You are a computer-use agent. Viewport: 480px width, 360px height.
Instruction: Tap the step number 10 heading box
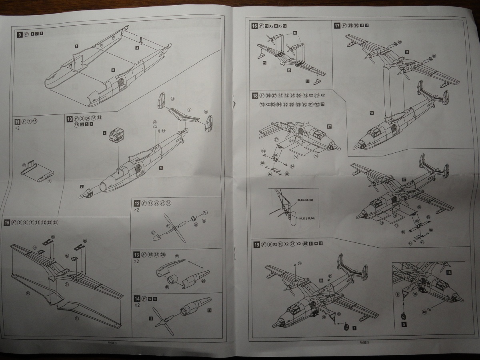(70, 119)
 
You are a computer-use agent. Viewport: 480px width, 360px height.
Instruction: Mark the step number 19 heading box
(256, 244)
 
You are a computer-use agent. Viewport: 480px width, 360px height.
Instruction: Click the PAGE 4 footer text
(112, 343)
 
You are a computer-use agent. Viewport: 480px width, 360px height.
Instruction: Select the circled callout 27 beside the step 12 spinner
(153, 232)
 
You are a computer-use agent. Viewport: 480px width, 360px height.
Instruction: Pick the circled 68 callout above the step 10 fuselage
(155, 122)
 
